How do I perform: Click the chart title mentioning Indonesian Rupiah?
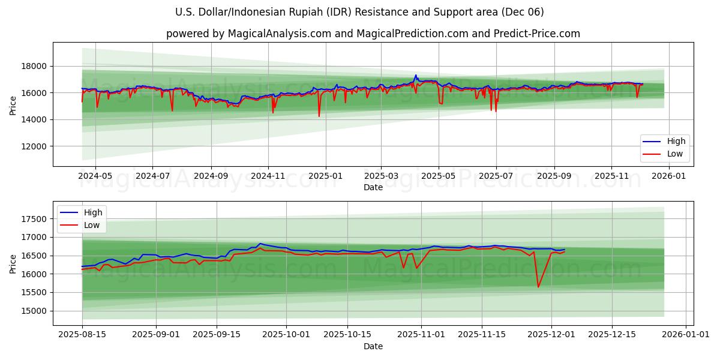360,12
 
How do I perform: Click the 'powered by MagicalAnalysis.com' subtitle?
373,34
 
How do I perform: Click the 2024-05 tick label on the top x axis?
95,176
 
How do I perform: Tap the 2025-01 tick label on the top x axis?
325,176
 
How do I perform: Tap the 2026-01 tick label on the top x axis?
668,176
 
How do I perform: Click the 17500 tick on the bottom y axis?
35,219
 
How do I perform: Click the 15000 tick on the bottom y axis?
35,311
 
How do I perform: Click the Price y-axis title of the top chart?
13,104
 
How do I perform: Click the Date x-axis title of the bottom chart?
373,346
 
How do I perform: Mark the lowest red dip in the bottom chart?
538,287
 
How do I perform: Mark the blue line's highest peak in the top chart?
416,75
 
